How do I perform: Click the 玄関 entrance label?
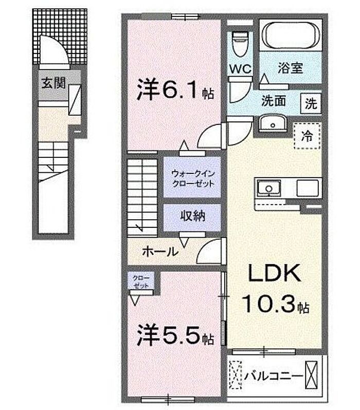(53, 83)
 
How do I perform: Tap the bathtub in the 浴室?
(291, 35)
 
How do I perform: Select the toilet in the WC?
(240, 44)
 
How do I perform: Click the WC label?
(240, 69)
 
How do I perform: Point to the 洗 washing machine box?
(311, 103)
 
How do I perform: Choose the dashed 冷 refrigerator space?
(307, 136)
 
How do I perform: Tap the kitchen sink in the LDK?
(269, 188)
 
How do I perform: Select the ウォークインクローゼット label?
(193, 179)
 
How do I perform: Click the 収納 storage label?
(193, 216)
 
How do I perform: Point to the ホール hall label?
(160, 252)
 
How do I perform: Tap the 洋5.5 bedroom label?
(175, 335)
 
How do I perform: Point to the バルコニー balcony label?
(274, 377)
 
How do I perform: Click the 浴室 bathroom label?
(290, 68)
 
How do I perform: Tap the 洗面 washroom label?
(274, 101)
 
